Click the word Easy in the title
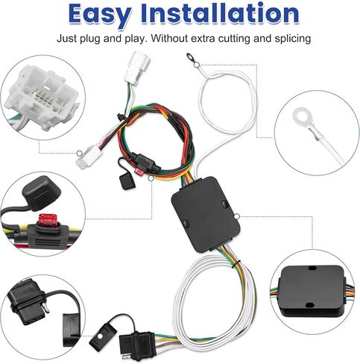coord(100,15)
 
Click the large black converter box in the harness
coord(206,214)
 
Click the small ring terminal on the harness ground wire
coord(191,58)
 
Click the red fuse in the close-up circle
coord(46,220)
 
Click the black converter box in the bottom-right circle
coord(312,290)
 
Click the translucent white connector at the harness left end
coord(89,157)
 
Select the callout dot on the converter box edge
coord(237,216)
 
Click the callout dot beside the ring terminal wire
coord(197,65)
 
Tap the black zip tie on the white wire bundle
coord(235,264)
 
